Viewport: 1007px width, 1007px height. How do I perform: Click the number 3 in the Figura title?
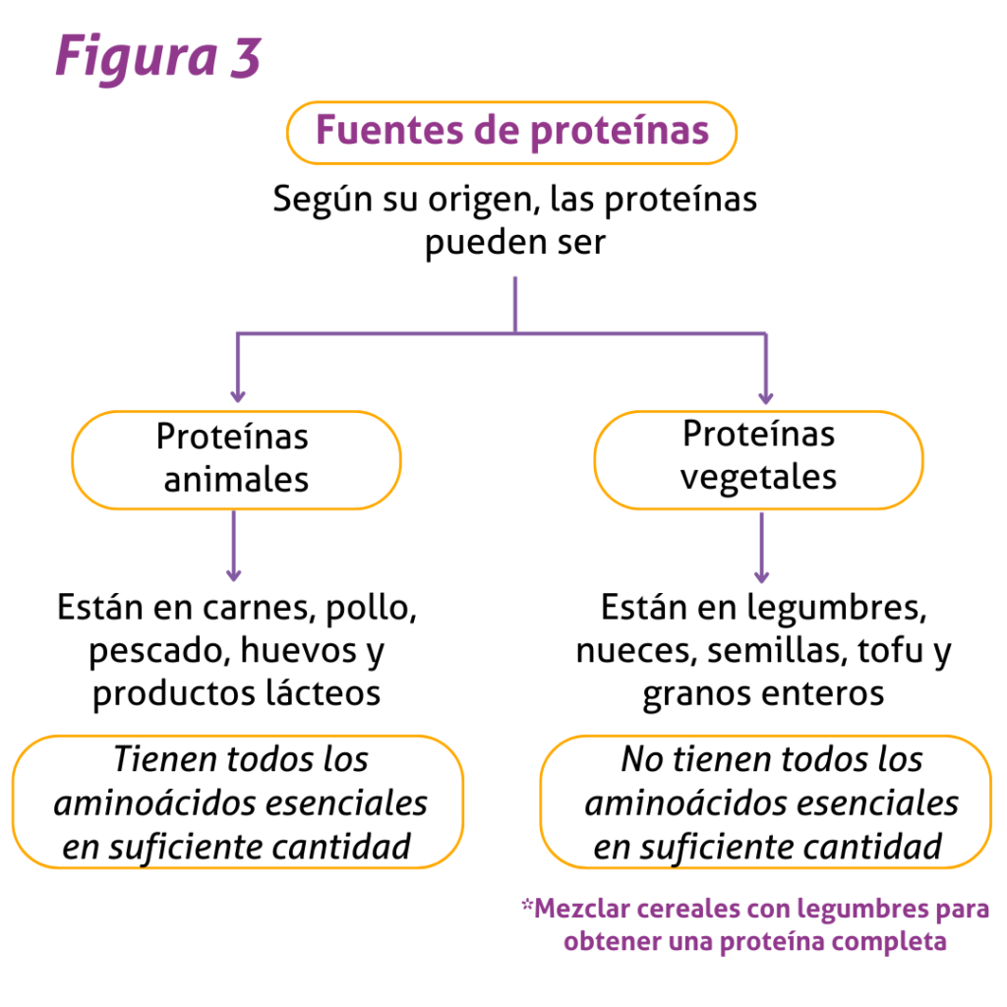click(x=245, y=57)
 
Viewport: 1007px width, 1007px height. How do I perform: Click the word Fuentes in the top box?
click(x=389, y=130)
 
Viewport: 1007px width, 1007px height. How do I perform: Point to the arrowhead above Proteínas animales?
click(x=238, y=395)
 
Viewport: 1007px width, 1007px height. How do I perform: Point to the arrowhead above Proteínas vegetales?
click(x=765, y=397)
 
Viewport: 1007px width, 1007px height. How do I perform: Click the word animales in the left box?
click(x=236, y=480)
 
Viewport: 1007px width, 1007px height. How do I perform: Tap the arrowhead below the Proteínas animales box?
click(x=234, y=574)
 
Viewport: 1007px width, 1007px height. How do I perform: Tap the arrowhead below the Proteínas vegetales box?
click(x=762, y=575)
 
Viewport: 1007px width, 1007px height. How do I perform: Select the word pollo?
click(x=371, y=609)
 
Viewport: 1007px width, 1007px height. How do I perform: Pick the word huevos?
click(x=298, y=651)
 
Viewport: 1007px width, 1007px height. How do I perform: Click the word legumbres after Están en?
click(x=836, y=609)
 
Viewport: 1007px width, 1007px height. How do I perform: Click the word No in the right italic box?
click(x=643, y=760)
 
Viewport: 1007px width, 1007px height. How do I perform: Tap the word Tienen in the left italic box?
click(x=165, y=760)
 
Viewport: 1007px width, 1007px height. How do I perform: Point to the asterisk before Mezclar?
click(x=527, y=906)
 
